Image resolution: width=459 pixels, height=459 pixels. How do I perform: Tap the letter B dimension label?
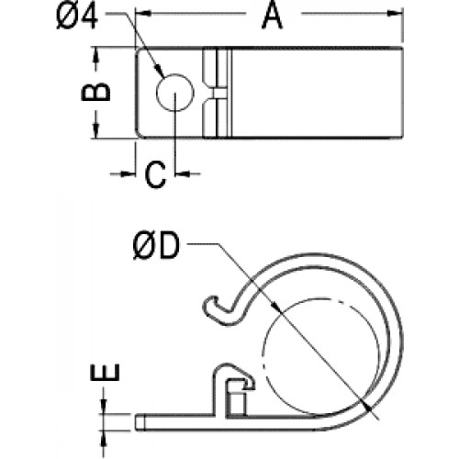95,91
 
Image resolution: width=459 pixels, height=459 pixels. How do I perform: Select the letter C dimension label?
156,174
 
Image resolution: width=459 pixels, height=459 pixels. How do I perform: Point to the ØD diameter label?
156,246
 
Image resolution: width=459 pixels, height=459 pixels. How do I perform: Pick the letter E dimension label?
105,373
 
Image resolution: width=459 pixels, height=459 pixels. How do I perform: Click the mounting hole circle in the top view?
175,92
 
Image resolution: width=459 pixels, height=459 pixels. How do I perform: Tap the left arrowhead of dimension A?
143,13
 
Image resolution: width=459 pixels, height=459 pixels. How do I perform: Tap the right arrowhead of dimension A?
396,13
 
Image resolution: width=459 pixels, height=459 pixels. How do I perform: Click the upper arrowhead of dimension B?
96,55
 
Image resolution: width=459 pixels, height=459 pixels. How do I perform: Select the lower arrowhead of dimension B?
96,130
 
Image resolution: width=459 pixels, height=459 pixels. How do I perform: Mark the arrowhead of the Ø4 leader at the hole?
160,71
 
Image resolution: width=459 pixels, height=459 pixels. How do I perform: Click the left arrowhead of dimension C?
129,174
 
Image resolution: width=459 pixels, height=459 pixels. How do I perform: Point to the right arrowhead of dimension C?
183,174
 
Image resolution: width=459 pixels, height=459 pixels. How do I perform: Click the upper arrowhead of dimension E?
104,407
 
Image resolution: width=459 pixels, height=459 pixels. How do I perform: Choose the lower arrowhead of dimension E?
104,439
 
